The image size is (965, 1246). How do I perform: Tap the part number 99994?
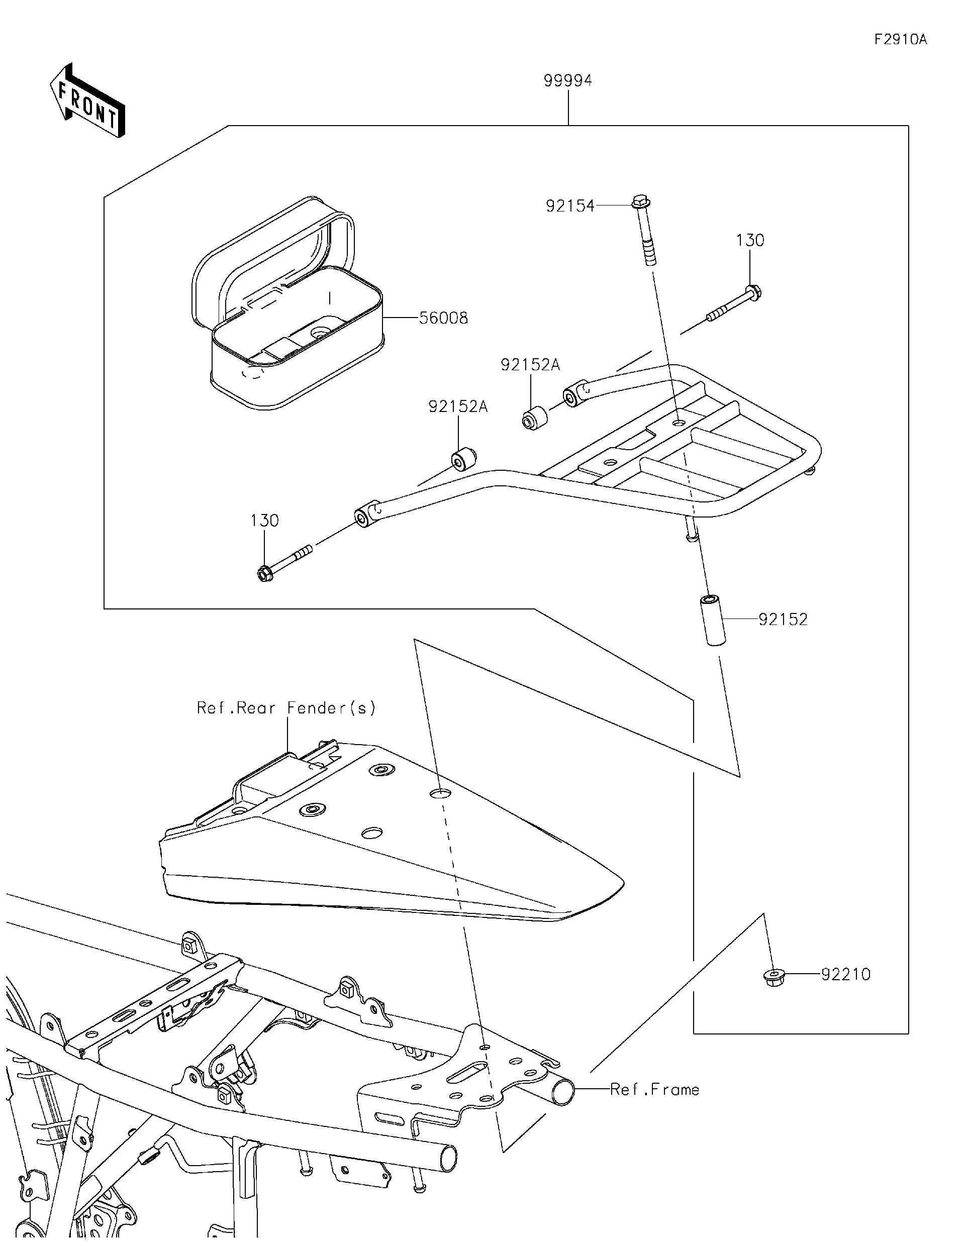coord(568,80)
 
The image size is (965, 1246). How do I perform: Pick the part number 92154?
coord(570,206)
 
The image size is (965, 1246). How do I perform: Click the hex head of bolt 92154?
coord(641,202)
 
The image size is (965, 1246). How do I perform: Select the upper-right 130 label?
coord(750,240)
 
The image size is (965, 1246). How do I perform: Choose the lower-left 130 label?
coord(265,521)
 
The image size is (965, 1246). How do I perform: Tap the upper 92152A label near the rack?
coord(531,365)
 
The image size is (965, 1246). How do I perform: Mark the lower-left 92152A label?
coord(458,407)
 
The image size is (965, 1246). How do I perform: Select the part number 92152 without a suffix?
coord(783,619)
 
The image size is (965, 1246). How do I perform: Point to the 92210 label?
coord(846,974)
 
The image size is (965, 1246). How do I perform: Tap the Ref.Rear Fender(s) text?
coord(286,708)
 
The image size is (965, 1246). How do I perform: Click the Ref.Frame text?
coord(654,1090)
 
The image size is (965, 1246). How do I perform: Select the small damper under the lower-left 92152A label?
coord(464,459)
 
